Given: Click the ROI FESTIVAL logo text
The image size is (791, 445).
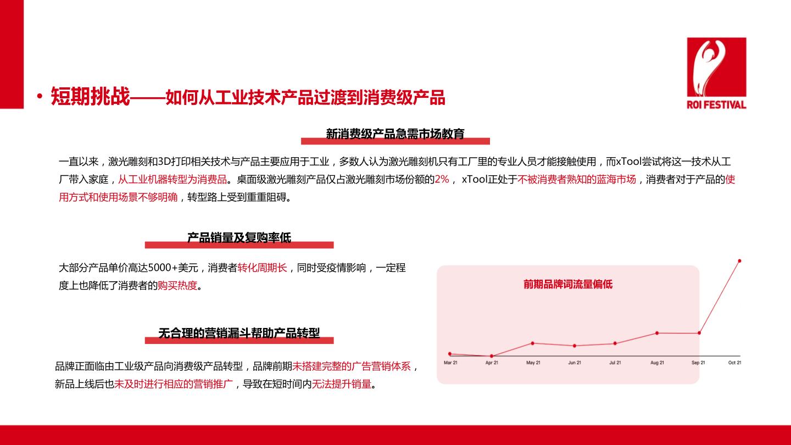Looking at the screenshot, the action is point(716,104).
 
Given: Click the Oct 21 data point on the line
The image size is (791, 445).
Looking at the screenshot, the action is point(739,261).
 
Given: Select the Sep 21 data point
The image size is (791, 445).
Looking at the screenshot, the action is point(699,333).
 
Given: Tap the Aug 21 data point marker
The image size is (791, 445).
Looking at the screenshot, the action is point(657,333).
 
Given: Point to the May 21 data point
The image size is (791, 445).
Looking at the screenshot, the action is point(532,343).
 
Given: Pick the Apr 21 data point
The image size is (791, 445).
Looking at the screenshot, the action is point(492,356).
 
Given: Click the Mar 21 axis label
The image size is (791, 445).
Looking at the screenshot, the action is point(450,363).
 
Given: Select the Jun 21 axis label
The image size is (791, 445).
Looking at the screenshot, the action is point(575,363).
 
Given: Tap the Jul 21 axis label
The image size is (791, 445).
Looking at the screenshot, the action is point(615,363).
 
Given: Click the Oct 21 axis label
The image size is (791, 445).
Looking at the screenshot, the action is point(734,363).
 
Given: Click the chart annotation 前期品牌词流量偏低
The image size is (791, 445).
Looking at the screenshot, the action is point(568,285).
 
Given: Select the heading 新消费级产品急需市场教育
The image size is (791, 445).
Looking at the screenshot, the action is point(395,134).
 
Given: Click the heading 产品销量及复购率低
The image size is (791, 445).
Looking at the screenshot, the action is point(239,238).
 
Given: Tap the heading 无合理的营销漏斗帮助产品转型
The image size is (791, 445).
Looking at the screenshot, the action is point(239,333).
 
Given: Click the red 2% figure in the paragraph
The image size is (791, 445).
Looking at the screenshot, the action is point(442,180).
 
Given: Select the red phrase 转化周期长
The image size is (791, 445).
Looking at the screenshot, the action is point(263,268).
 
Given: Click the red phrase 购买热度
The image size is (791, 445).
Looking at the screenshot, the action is point(177,285).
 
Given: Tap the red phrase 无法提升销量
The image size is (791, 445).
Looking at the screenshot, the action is point(342,384).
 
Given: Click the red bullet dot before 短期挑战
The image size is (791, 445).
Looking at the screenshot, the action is point(40,96).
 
